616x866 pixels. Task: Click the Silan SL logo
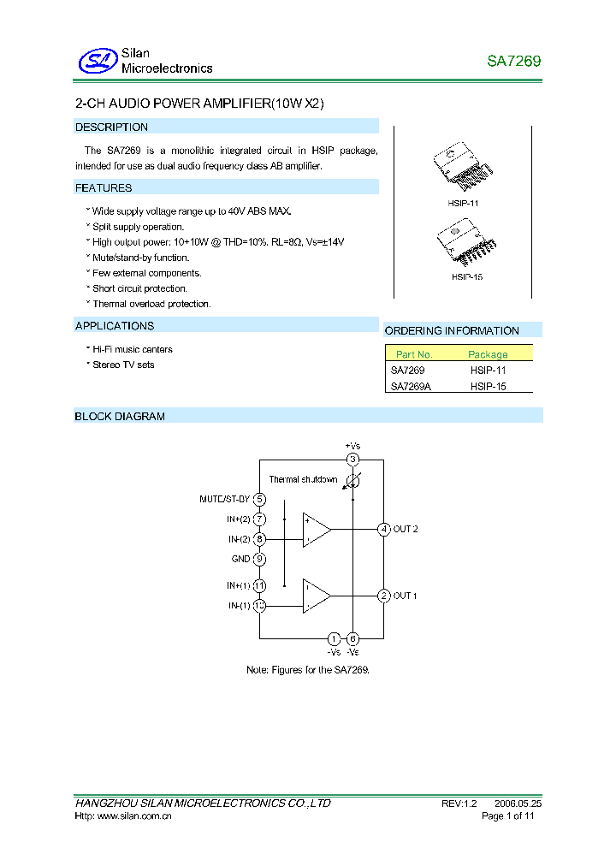pyautogui.click(x=97, y=61)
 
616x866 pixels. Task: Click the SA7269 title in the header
pyautogui.click(x=513, y=62)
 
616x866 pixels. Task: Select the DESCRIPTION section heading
pyautogui.click(x=111, y=128)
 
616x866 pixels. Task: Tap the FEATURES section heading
pyautogui.click(x=104, y=188)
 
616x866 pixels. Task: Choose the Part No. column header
pyautogui.click(x=414, y=354)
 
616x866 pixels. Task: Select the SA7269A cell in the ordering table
pyautogui.click(x=412, y=387)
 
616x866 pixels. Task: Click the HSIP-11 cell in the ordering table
pyautogui.click(x=489, y=371)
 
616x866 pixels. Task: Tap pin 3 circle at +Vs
pyautogui.click(x=352, y=460)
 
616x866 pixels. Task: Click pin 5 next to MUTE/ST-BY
pyautogui.click(x=259, y=500)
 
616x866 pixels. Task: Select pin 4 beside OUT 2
pyautogui.click(x=384, y=529)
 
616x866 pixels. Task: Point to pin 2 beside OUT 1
pyautogui.click(x=384, y=596)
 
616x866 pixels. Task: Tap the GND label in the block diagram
pyautogui.click(x=240, y=560)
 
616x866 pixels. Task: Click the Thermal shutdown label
pyautogui.click(x=303, y=480)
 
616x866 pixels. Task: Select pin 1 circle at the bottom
pyautogui.click(x=334, y=638)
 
